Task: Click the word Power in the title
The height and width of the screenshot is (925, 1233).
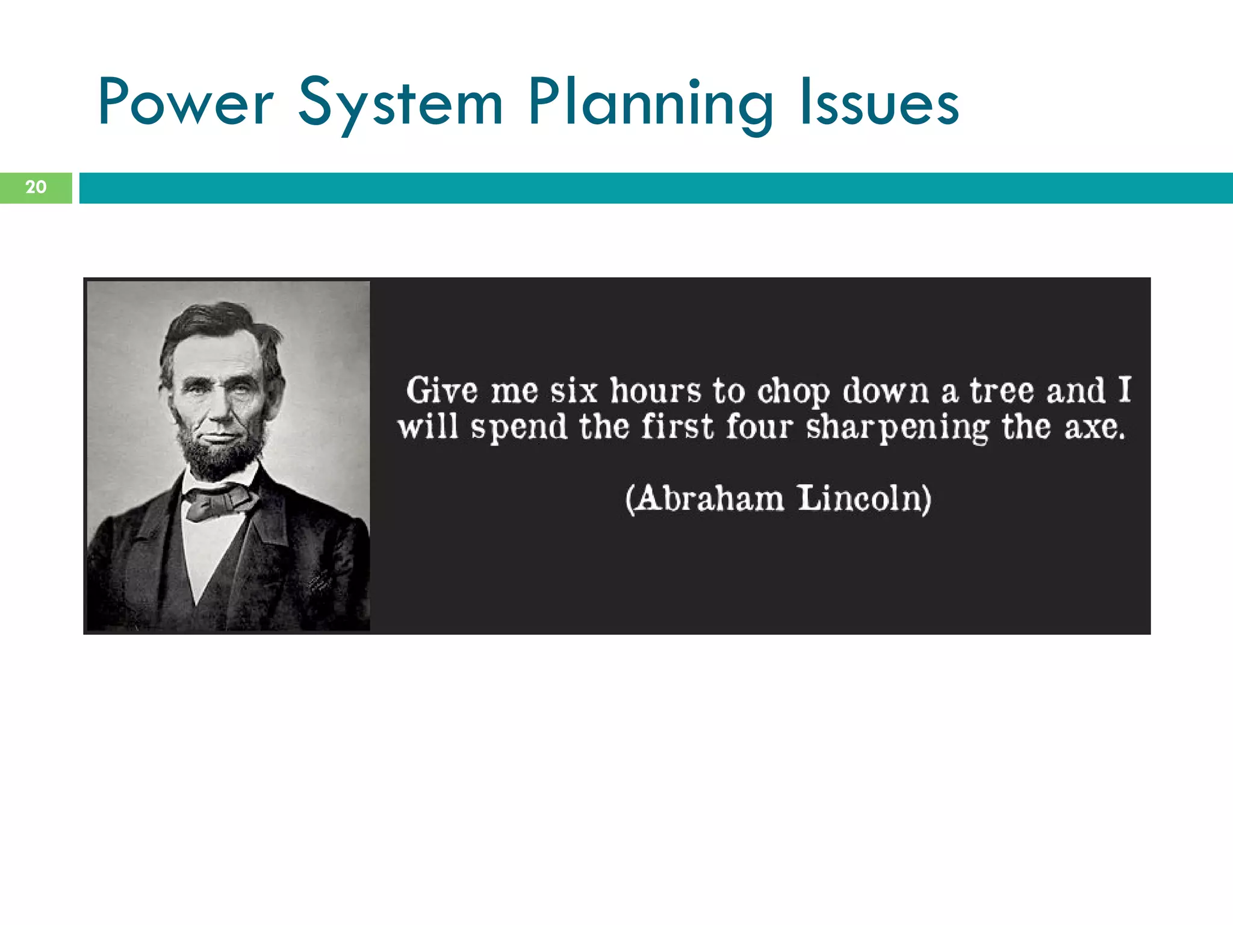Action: [185, 102]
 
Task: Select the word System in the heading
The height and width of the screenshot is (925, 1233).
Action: [400, 104]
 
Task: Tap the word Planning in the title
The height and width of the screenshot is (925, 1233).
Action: [650, 104]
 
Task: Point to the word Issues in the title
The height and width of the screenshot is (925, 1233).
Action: [879, 104]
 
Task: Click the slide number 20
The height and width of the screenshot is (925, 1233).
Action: [36, 187]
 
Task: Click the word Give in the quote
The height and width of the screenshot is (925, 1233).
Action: [441, 390]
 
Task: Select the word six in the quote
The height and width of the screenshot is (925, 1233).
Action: [573, 390]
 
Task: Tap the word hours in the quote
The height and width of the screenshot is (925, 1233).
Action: [656, 390]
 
